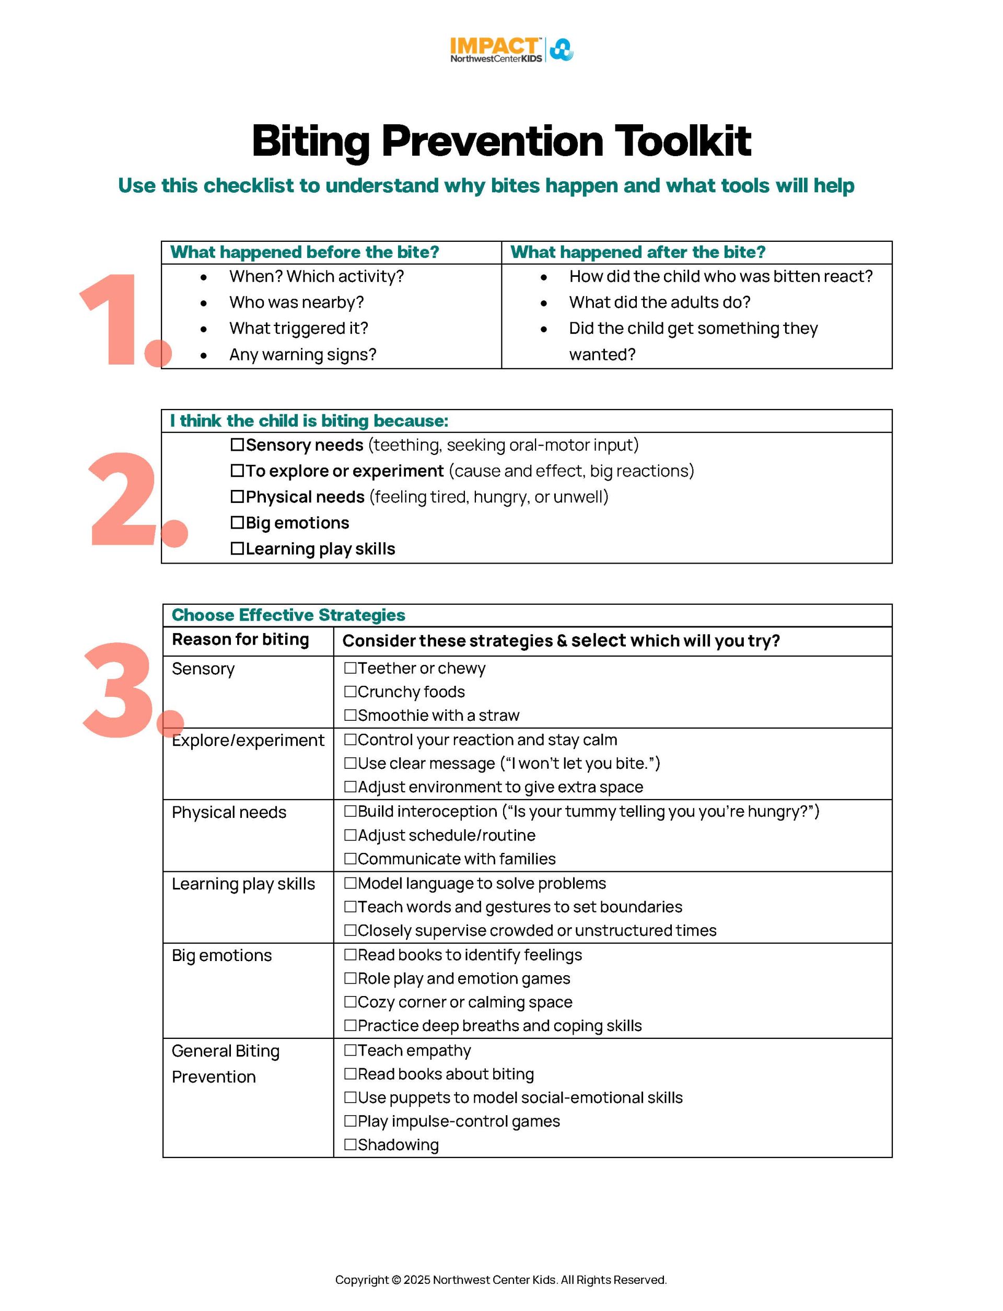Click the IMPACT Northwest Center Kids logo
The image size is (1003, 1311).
[x=511, y=50]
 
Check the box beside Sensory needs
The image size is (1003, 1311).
[x=237, y=445]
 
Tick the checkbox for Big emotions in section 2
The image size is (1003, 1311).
[x=237, y=523]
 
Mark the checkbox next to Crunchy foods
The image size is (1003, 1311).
[x=351, y=692]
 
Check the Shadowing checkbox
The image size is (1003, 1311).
[x=351, y=1144]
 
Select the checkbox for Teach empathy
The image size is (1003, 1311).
[x=351, y=1050]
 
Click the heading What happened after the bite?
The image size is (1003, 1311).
[x=638, y=252]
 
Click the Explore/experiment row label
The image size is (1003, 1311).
[x=248, y=740]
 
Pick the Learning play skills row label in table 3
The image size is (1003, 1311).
[x=243, y=884]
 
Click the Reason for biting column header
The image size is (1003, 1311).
[x=240, y=639]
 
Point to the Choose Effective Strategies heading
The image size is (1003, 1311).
[x=288, y=615]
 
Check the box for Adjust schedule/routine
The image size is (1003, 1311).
[x=351, y=835]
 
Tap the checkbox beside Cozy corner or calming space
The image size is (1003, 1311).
[x=351, y=1002]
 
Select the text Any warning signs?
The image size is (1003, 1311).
[x=302, y=355]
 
